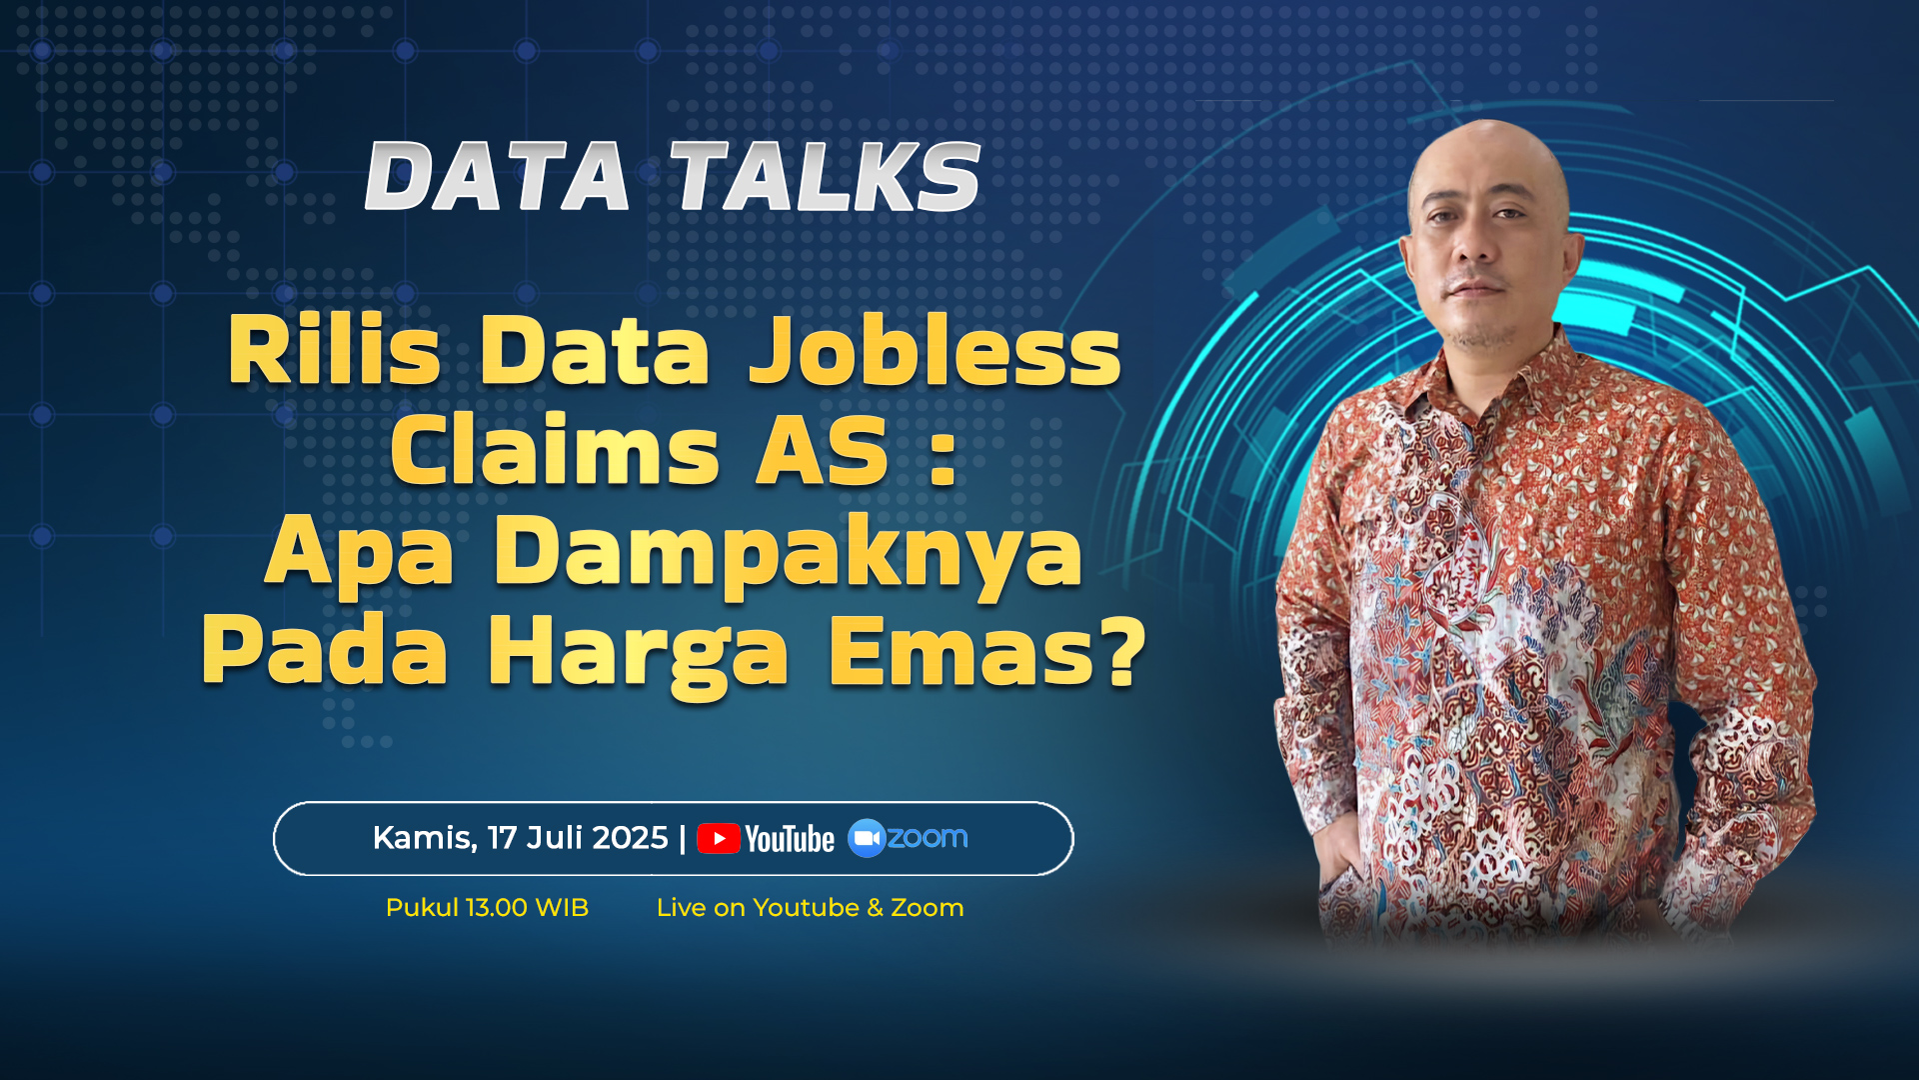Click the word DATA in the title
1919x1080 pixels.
click(498, 176)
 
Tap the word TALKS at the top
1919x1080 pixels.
click(826, 176)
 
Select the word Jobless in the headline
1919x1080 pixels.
click(936, 350)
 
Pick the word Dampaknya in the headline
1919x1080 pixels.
click(789, 554)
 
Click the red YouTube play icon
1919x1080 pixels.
click(719, 838)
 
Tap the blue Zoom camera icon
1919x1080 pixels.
click(867, 838)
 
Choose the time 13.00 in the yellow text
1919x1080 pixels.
click(497, 908)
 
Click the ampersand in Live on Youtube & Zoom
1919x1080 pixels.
click(875, 908)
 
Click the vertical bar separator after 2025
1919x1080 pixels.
click(683, 838)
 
